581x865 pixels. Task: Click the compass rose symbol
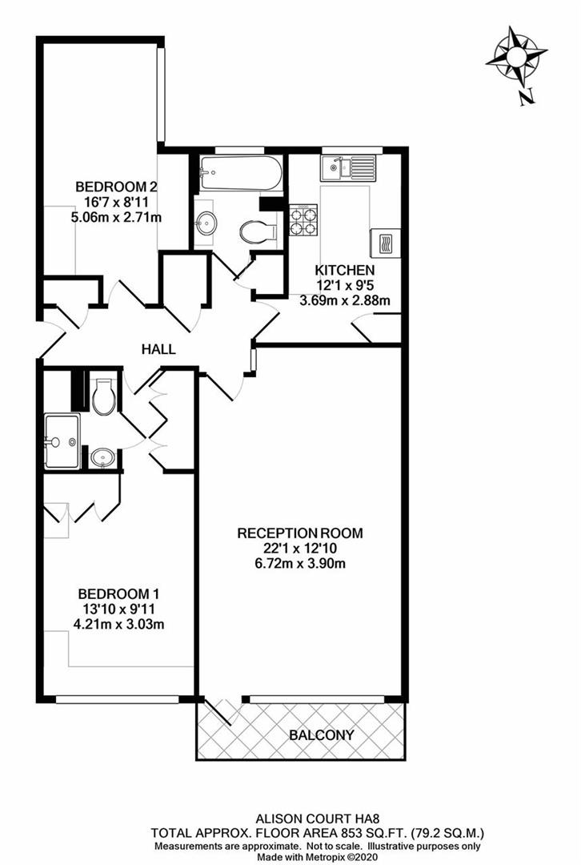516,57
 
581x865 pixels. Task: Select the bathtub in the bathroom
241,171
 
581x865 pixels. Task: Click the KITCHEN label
344,270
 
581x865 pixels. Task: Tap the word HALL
158,349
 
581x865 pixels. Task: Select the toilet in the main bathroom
258,231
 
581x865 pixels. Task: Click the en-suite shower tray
62,441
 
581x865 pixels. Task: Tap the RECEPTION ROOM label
300,533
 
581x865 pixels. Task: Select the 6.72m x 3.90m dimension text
300,563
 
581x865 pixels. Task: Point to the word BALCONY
321,734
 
